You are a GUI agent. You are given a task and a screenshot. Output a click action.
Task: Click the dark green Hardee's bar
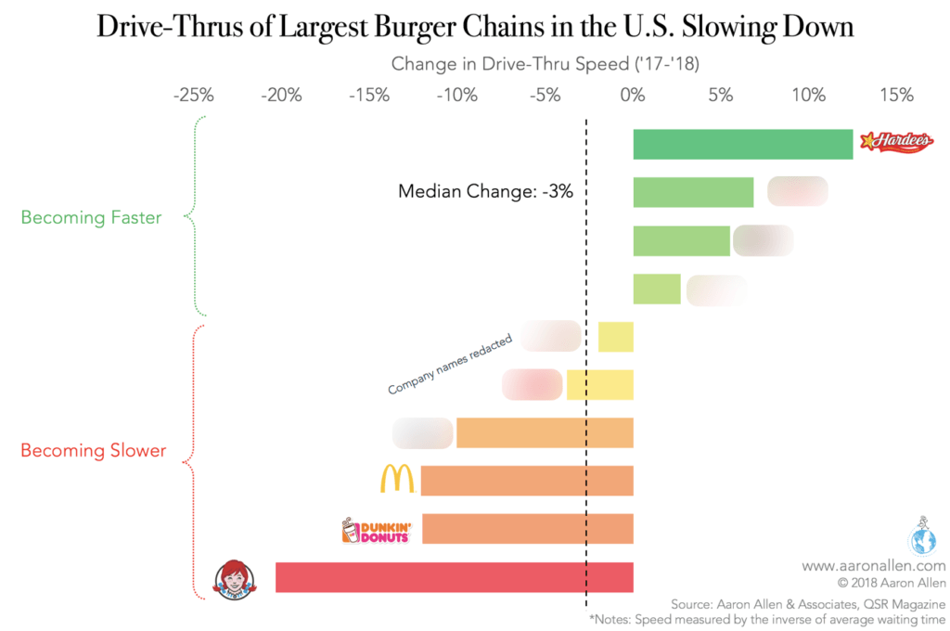(x=742, y=144)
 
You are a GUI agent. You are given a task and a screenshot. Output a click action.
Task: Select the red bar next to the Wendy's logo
(x=454, y=576)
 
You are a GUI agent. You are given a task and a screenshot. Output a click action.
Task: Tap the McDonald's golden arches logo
(x=397, y=479)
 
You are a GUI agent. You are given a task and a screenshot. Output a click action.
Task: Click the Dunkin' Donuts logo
(x=376, y=530)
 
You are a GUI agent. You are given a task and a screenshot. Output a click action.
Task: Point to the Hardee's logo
(x=896, y=142)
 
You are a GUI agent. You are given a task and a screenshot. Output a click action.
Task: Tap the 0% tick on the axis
(x=633, y=95)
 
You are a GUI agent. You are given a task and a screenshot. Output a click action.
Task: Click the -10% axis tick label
(x=457, y=95)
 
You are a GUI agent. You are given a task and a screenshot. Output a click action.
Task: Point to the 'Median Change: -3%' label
(x=485, y=192)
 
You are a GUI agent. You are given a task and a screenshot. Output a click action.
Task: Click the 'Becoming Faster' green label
(x=91, y=218)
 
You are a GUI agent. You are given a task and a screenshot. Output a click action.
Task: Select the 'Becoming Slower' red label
(x=93, y=451)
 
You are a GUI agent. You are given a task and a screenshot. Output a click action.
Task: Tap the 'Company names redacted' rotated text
(x=450, y=366)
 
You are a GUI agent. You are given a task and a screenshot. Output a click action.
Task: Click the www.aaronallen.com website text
(x=873, y=565)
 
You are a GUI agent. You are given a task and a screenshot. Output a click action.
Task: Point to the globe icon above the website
(x=924, y=536)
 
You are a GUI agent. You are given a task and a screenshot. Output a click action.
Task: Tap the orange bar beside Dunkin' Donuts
(x=527, y=529)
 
